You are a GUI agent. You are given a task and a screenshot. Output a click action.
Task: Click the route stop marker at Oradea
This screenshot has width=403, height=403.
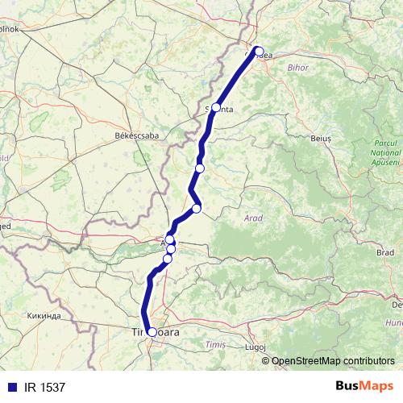[x=259, y=51]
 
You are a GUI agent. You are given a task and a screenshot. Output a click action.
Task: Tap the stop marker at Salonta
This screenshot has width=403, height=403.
[x=216, y=107]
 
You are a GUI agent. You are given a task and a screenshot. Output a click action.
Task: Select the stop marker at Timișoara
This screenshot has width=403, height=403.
[x=152, y=331]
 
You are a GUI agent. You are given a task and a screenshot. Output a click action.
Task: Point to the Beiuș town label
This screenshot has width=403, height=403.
[x=321, y=139]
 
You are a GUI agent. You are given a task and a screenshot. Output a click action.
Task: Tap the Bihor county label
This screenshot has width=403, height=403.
[x=297, y=67]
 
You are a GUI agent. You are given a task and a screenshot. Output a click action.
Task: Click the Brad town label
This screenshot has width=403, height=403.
[x=385, y=252]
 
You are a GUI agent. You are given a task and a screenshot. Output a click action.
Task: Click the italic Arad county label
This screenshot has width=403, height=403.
[x=252, y=218]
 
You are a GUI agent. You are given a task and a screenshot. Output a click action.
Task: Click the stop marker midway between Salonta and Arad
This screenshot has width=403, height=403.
[x=200, y=168]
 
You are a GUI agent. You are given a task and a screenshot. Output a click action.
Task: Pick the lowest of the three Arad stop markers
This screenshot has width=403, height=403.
[x=168, y=258]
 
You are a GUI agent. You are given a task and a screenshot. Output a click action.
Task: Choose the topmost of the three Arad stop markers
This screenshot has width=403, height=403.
[x=170, y=240]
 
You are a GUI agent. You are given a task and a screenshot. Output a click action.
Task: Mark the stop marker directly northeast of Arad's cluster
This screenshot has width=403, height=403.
[x=196, y=210]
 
